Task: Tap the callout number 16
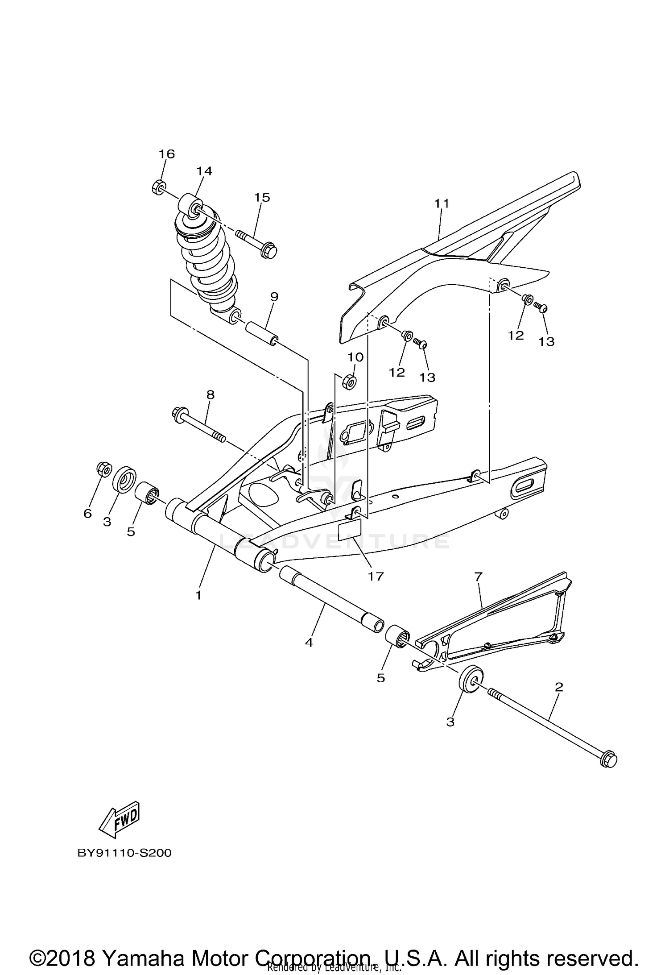(167, 154)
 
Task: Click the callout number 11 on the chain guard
(442, 203)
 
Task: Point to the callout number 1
(198, 595)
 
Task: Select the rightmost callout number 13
(546, 341)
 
